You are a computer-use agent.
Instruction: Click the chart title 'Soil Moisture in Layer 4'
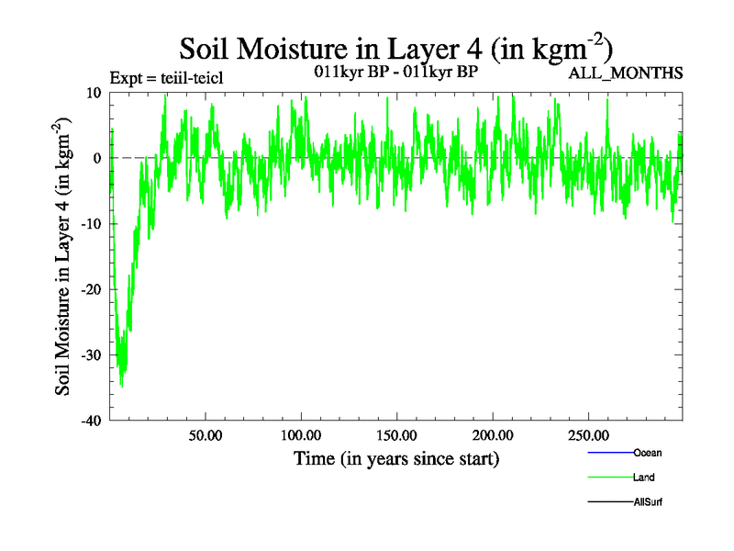(395, 48)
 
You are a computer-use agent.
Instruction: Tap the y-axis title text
(65, 256)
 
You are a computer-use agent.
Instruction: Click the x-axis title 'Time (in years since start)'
(395, 457)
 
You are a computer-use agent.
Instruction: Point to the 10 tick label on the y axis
(93, 93)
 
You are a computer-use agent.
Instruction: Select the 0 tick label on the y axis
(96, 158)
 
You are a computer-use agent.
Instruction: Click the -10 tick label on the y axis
(91, 224)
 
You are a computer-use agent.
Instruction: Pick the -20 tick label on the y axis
(91, 289)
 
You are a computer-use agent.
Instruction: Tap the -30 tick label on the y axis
(91, 355)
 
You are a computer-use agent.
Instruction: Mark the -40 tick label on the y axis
(91, 421)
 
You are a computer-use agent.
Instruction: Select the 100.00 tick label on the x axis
(301, 434)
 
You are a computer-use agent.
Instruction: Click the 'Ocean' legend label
(647, 453)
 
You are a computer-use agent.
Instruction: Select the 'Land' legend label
(643, 478)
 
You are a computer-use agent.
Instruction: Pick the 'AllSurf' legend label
(648, 502)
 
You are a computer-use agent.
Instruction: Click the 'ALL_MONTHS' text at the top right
(626, 73)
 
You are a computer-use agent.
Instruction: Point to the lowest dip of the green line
(121, 387)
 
